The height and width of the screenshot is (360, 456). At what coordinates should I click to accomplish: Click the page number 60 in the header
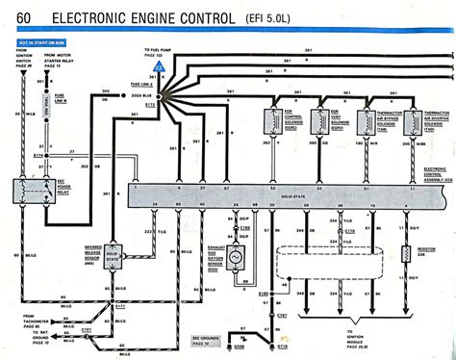click(20, 16)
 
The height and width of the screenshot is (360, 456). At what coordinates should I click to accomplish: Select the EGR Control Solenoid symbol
click(272, 118)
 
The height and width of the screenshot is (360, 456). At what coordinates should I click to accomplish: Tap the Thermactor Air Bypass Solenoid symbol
click(367, 118)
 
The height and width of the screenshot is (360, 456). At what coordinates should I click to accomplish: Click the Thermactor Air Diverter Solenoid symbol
click(412, 118)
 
